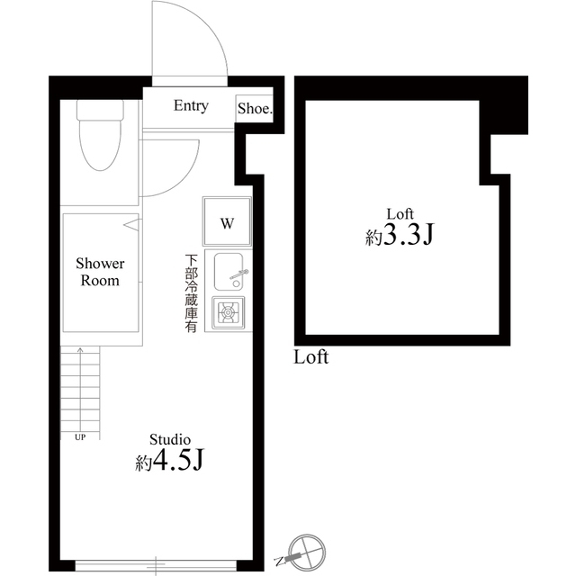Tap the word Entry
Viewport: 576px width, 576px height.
pyautogui.click(x=191, y=106)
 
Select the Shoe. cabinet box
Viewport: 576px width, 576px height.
pyautogui.click(x=255, y=108)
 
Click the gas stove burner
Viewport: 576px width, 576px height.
pyautogui.click(x=228, y=314)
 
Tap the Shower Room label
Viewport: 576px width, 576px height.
pyautogui.click(x=100, y=272)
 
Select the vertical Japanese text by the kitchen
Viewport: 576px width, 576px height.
pyautogui.click(x=191, y=295)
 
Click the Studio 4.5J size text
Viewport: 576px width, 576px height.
pyautogui.click(x=170, y=462)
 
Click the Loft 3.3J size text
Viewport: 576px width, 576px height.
pyautogui.click(x=400, y=236)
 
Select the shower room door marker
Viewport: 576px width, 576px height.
pyautogui.click(x=130, y=223)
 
